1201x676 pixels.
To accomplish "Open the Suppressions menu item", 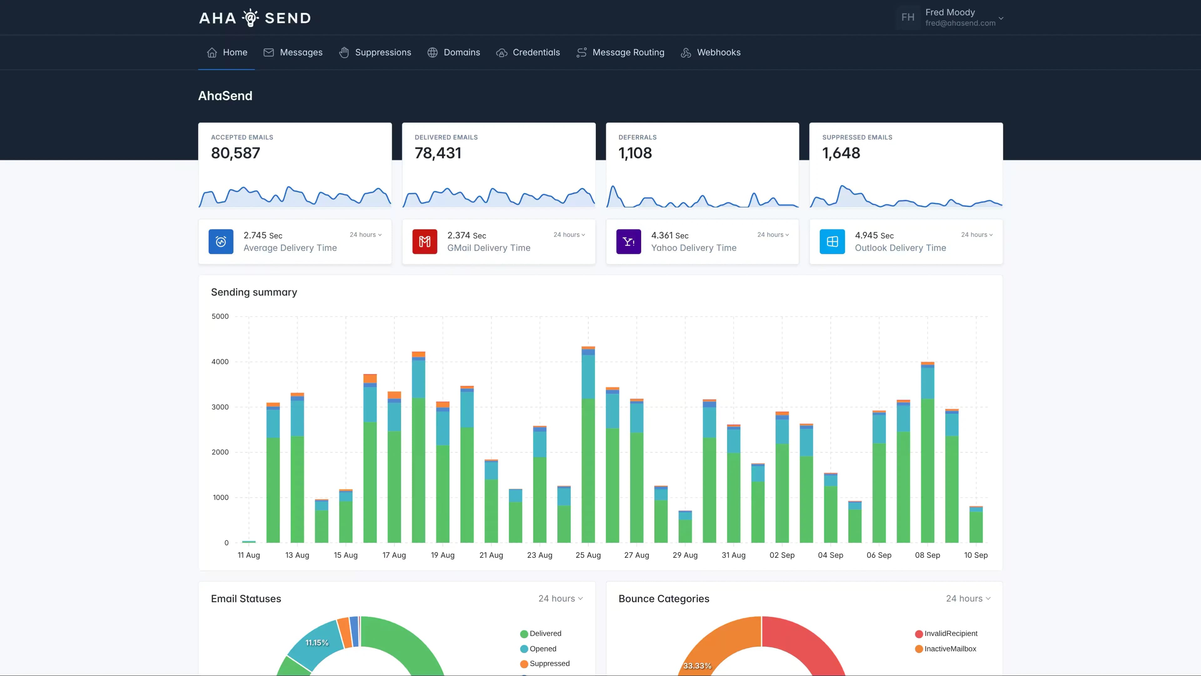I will [x=375, y=52].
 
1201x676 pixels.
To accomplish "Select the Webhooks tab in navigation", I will [x=711, y=52].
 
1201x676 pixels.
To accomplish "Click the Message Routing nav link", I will [x=620, y=52].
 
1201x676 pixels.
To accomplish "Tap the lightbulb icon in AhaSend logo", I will [x=250, y=18].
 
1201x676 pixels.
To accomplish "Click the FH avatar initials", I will [x=907, y=17].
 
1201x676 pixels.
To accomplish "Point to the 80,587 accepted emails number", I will [x=236, y=153].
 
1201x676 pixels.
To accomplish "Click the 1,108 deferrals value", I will [x=635, y=153].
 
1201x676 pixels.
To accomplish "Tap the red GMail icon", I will [x=424, y=242].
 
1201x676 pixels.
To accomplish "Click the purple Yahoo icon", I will [x=628, y=242].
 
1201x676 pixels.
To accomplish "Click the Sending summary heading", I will [x=254, y=292].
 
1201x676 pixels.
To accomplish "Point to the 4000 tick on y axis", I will [x=220, y=361].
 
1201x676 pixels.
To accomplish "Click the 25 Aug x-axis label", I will [x=588, y=555].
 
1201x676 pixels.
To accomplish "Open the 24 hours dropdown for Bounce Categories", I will [x=967, y=599].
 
